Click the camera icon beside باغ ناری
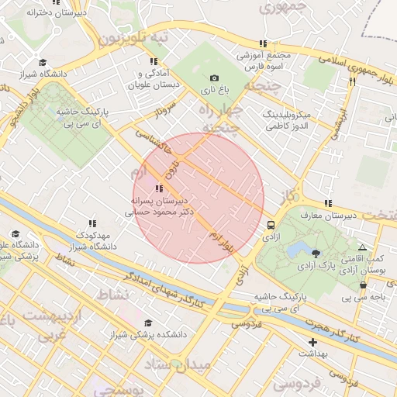(215, 78)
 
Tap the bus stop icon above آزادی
(271, 225)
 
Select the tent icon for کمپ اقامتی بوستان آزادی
(362, 247)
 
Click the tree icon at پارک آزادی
(315, 253)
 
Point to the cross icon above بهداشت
(312, 342)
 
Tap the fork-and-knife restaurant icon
(352, 79)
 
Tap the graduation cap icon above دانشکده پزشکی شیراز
(147, 323)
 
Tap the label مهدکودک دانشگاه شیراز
(95, 240)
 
